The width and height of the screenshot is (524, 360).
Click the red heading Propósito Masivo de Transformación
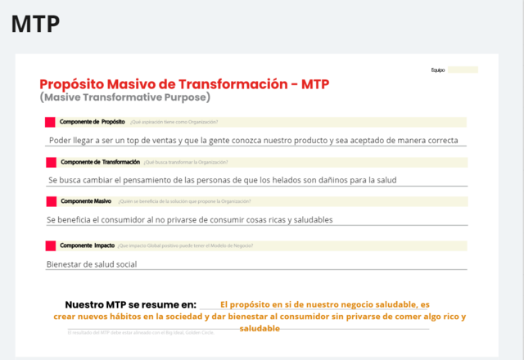pyautogui.click(x=184, y=84)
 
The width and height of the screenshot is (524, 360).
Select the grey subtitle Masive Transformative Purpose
pyautogui.click(x=124, y=97)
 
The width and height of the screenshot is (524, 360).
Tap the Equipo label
pyautogui.click(x=437, y=70)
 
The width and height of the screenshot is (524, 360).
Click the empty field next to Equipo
pyautogui.click(x=463, y=70)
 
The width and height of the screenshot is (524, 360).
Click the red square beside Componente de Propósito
pyautogui.click(x=51, y=122)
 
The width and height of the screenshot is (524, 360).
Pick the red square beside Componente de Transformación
pyautogui.click(x=51, y=162)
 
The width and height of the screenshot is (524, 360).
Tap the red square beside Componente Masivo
pyautogui.click(x=51, y=200)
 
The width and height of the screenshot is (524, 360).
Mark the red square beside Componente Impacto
pyautogui.click(x=51, y=245)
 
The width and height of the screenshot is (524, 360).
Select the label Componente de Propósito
pyautogui.click(x=93, y=122)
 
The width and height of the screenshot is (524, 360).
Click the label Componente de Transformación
pyautogui.click(x=100, y=162)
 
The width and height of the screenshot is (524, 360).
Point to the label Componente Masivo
pyautogui.click(x=86, y=200)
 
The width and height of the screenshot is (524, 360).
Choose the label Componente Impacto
pyautogui.click(x=87, y=245)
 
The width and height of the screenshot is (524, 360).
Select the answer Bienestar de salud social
pyautogui.click(x=92, y=263)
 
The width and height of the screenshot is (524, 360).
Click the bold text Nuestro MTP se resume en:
pyautogui.click(x=131, y=304)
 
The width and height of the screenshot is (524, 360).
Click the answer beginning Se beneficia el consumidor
pyautogui.click(x=190, y=219)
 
